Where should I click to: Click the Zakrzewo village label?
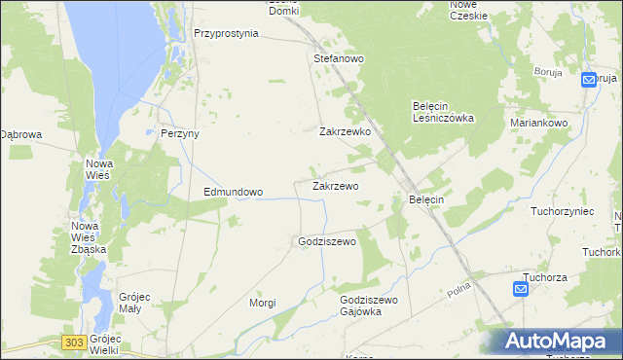pos(335,186)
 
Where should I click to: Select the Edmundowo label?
pos(233,193)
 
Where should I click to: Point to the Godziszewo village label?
pos(326,241)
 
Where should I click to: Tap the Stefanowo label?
pos(338,59)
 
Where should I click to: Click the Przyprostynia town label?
pos(226,33)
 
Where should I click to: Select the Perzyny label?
pos(180,134)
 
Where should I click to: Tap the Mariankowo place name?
pos(539,124)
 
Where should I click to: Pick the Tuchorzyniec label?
pos(562,210)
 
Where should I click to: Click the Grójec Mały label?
pos(129,302)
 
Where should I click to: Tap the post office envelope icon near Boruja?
pos(589,79)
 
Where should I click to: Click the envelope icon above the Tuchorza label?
pos(521,288)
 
